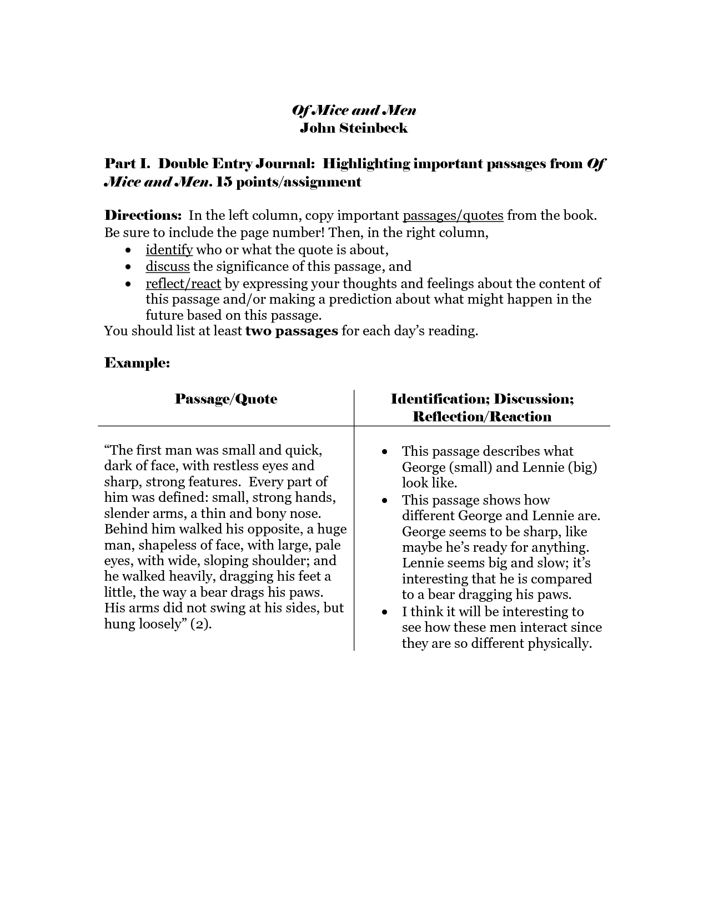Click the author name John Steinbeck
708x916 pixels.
(x=354, y=128)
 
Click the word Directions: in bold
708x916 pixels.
(x=143, y=215)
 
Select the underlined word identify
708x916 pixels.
(x=169, y=250)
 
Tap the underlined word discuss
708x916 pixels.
(x=168, y=266)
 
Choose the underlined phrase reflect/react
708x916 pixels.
(x=183, y=284)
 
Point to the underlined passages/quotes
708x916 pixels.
(x=453, y=215)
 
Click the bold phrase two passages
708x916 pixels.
(x=292, y=331)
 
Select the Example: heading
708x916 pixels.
(x=137, y=363)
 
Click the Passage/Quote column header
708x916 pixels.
(x=226, y=399)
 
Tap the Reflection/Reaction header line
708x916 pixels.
(x=482, y=417)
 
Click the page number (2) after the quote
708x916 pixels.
(x=200, y=624)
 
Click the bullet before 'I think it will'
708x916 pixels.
(x=385, y=612)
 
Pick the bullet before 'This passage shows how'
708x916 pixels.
(x=385, y=501)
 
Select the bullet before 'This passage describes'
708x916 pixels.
(x=385, y=452)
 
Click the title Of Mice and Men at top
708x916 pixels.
(x=354, y=110)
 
